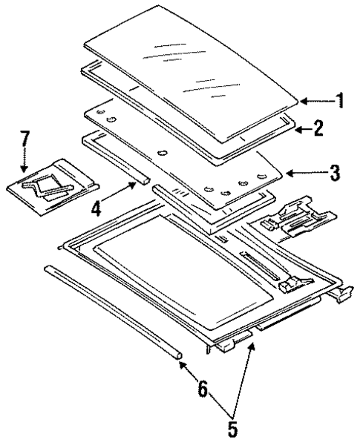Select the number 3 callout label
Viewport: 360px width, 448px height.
[x=336, y=174]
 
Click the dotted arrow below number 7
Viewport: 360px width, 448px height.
[x=25, y=158]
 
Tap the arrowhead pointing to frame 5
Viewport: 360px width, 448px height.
[x=252, y=347]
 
